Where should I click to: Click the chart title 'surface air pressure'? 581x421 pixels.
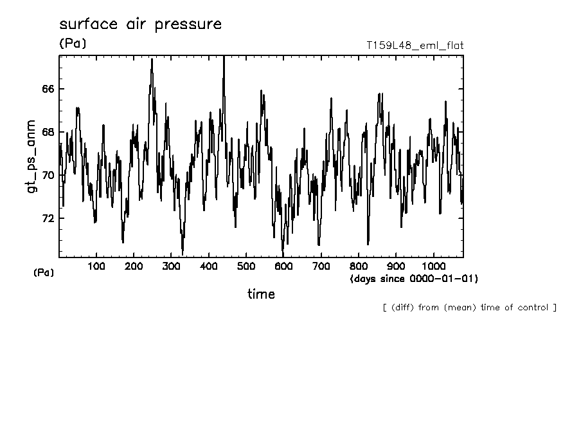point(140,24)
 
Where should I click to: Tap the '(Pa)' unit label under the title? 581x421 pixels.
point(72,44)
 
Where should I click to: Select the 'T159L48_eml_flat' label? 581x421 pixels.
point(415,45)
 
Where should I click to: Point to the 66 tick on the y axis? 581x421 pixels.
point(48,88)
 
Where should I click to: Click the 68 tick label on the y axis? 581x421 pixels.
point(48,132)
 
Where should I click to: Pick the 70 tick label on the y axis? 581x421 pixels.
point(48,175)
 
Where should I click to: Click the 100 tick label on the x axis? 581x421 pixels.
point(96,267)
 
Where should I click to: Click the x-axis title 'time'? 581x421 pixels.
point(261,294)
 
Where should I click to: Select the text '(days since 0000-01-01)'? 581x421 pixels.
point(414,279)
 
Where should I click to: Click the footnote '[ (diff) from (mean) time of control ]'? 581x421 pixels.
point(469,307)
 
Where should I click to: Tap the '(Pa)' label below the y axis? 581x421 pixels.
point(44,273)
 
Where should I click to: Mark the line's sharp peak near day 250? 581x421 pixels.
point(152,59)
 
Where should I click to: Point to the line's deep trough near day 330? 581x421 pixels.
point(183,253)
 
